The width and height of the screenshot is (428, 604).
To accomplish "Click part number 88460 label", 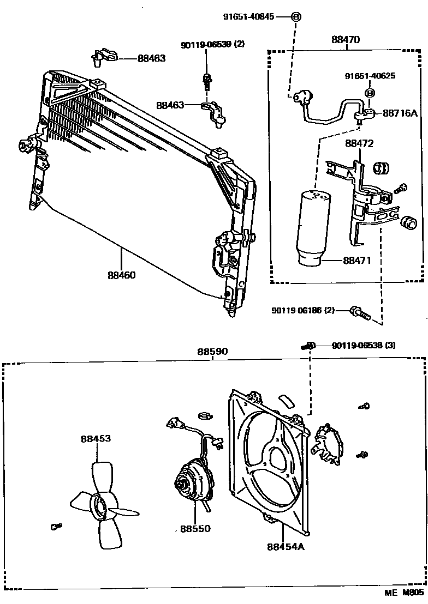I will point(121,275).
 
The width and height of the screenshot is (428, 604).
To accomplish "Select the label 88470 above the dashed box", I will point(346,40).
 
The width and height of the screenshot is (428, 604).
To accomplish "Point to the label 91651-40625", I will point(370,76).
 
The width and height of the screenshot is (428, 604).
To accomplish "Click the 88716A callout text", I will point(400,113).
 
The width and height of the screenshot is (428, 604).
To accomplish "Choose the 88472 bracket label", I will point(359,144).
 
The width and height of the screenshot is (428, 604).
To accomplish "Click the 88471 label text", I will point(357,261).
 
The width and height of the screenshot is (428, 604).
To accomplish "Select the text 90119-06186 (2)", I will point(302,311).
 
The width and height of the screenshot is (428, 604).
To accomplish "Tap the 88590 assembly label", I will point(213,352).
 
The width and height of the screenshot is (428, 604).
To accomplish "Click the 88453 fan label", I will point(96,438).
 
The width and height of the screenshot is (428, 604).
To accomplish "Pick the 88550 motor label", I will point(195,529).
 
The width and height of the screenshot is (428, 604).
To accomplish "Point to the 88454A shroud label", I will point(285,546).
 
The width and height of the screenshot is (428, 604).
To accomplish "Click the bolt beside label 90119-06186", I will point(359,312).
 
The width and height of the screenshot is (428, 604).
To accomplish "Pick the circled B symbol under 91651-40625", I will point(370,93).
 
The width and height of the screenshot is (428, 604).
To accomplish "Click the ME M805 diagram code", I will point(405,594).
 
